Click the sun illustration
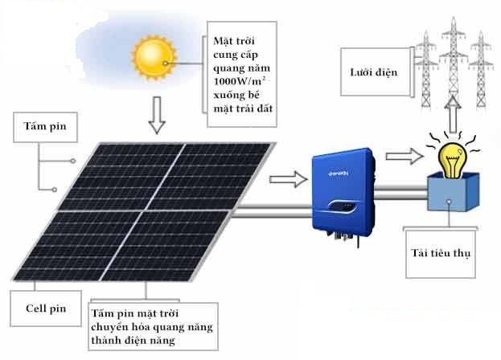click(154, 58)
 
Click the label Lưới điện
click(376, 73)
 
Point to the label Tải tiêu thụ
click(439, 253)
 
